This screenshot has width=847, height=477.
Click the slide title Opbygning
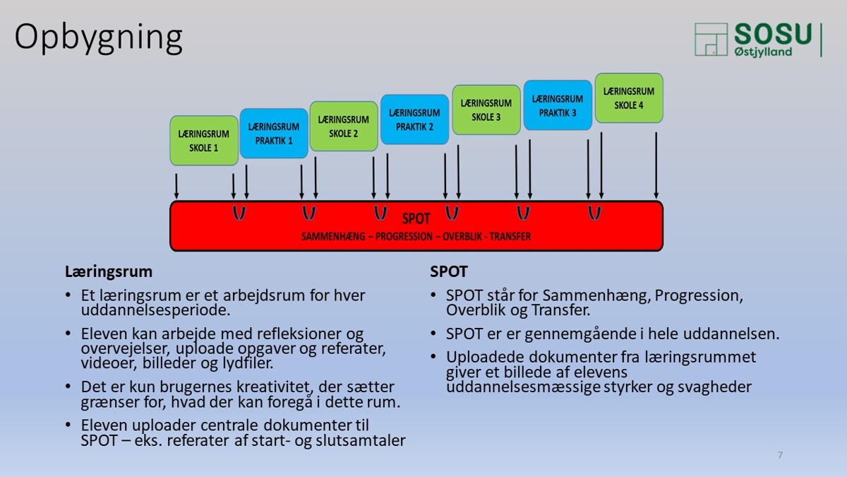coord(98,39)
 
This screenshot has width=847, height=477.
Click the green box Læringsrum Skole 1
coord(204,141)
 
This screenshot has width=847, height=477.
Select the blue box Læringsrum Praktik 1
coord(274,134)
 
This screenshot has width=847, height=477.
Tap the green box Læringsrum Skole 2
coord(344,126)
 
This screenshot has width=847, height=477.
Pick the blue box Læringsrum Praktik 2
coord(415,119)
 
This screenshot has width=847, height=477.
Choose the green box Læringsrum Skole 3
coord(486,110)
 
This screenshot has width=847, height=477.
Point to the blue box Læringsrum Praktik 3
coord(558,105)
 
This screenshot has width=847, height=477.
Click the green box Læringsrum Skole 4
coord(629,98)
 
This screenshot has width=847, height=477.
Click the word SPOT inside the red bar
coord(416,219)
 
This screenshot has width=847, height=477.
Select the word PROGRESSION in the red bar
coord(404,237)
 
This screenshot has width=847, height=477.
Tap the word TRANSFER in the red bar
coord(510,237)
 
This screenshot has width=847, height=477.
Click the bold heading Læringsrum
coord(109,272)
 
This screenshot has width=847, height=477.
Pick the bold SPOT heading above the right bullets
coord(449,271)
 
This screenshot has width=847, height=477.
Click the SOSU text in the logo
coord(773,34)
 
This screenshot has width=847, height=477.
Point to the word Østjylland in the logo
coord(763,52)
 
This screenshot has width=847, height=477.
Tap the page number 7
coord(780,455)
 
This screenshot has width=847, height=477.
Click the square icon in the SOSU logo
coord(711,40)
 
